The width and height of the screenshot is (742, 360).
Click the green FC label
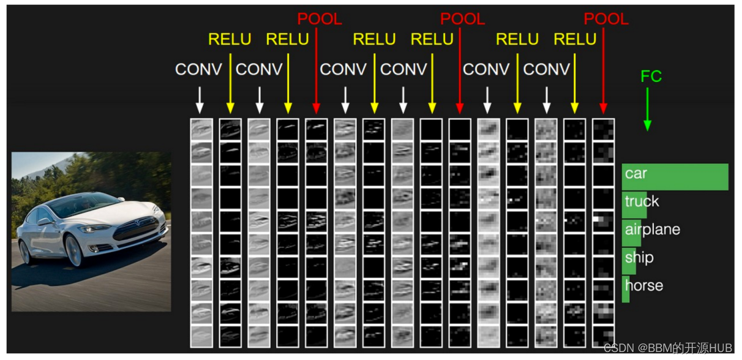651,77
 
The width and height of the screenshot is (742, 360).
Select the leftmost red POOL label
319,19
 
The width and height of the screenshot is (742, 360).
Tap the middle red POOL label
462,19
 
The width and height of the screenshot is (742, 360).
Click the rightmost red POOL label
605,19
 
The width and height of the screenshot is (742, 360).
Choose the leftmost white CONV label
198,69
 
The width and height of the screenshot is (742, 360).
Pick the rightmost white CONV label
547,69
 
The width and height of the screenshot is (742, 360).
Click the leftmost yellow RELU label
230,39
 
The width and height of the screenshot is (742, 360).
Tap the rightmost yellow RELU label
575,39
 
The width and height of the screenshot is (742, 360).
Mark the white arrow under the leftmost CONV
200,100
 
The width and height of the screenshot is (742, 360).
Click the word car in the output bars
635,173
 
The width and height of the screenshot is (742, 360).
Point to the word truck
642,201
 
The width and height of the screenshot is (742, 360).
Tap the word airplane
652,230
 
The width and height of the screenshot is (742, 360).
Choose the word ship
639,258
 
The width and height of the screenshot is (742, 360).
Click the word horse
643,285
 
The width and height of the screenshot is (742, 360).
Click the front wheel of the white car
73,251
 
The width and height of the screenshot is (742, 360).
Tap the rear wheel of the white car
25,252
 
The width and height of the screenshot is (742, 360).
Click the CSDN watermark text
667,348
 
